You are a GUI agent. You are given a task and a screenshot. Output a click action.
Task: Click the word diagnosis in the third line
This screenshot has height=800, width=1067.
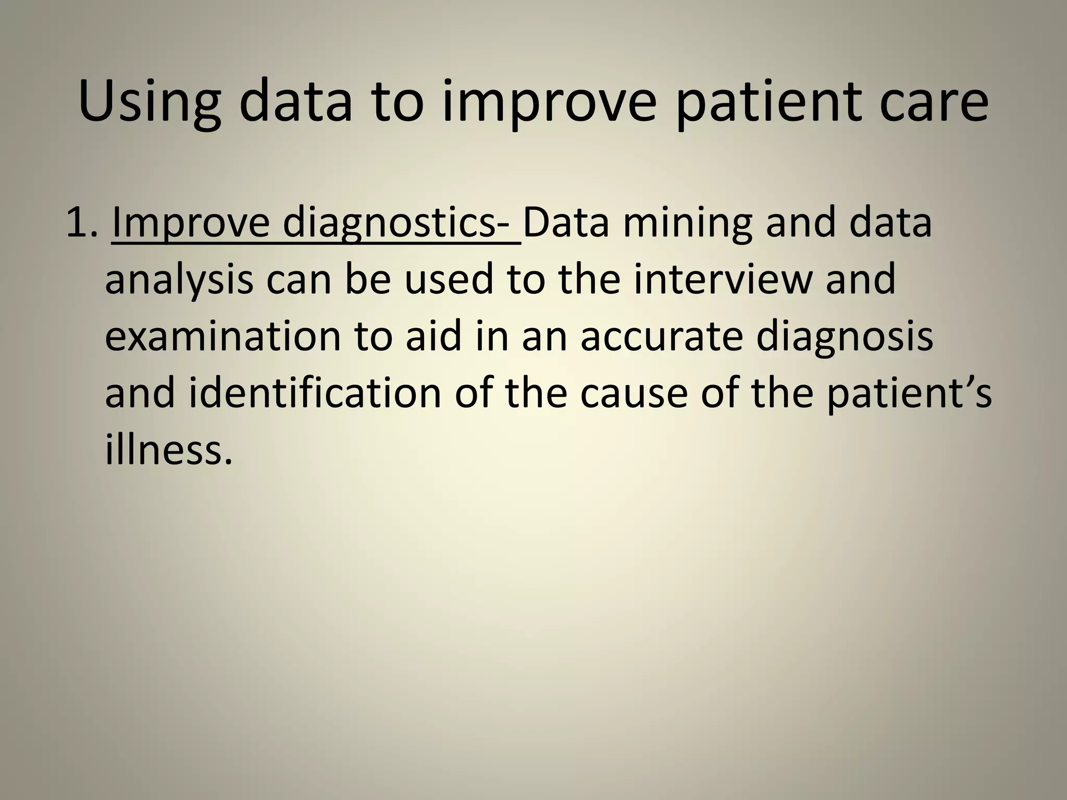click(845, 336)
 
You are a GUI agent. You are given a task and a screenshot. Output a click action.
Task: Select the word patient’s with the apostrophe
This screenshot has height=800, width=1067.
click(909, 393)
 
